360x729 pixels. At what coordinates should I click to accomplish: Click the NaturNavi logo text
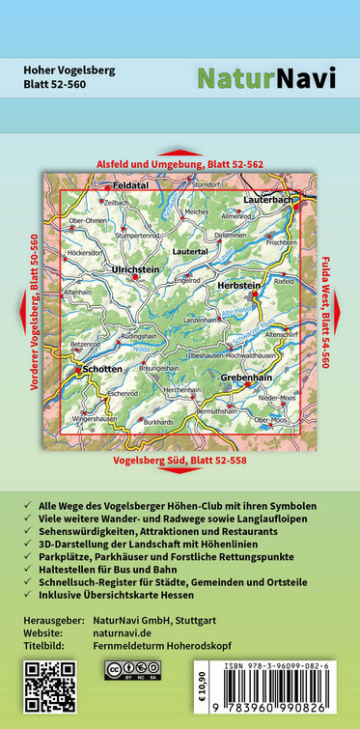coord(267,78)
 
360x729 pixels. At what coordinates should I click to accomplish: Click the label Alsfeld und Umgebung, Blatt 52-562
coord(180,165)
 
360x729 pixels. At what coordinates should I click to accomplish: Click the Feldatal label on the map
coord(129,183)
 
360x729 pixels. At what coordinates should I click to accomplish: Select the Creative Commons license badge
coord(133,669)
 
